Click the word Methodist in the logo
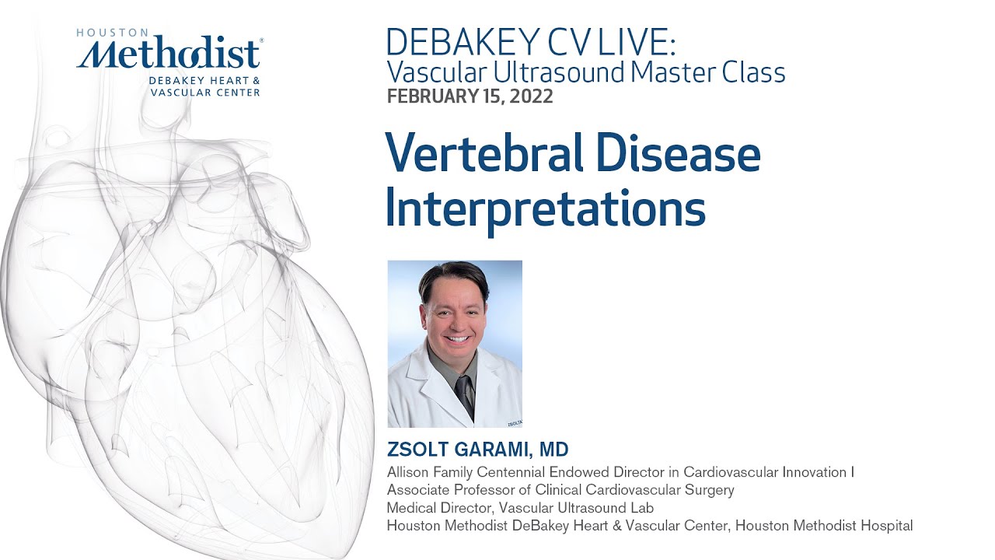click(x=169, y=54)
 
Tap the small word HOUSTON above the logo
click(x=112, y=33)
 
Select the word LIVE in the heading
click(x=628, y=42)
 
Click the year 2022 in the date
click(x=532, y=97)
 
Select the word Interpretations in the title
click(x=545, y=208)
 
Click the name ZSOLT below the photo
click(x=417, y=450)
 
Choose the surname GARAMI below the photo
click(x=491, y=450)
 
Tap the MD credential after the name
click(x=556, y=450)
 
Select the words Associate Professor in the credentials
click(x=458, y=490)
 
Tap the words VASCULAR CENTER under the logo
click(x=206, y=92)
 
